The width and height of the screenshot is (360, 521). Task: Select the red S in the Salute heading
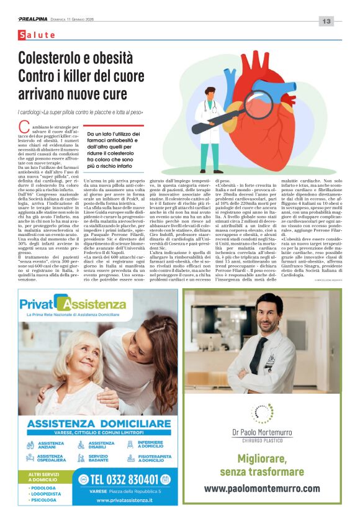(23, 36)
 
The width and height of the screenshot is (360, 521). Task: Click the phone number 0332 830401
(119, 479)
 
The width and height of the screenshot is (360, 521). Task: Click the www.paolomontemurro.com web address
(262, 488)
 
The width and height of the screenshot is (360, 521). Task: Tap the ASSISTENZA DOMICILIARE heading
(99, 424)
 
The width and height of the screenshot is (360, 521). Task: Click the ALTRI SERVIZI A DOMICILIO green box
(47, 476)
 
